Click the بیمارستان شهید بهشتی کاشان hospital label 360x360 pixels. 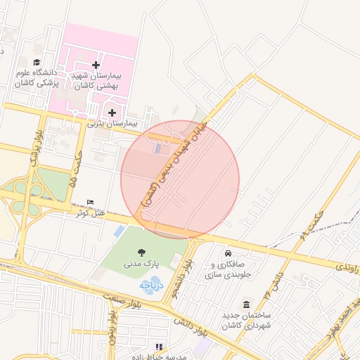coord(96,79)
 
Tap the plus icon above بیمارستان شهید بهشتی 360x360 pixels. coord(96,65)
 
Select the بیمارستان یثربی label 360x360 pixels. coord(112,123)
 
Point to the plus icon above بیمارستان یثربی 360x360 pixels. coord(112,112)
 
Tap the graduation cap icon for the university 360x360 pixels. coord(37,63)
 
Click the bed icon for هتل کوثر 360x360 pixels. coord(89,202)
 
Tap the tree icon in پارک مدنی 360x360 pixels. coord(143,252)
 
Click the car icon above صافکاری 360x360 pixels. coord(228,254)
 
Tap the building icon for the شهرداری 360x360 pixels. coord(247,305)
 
